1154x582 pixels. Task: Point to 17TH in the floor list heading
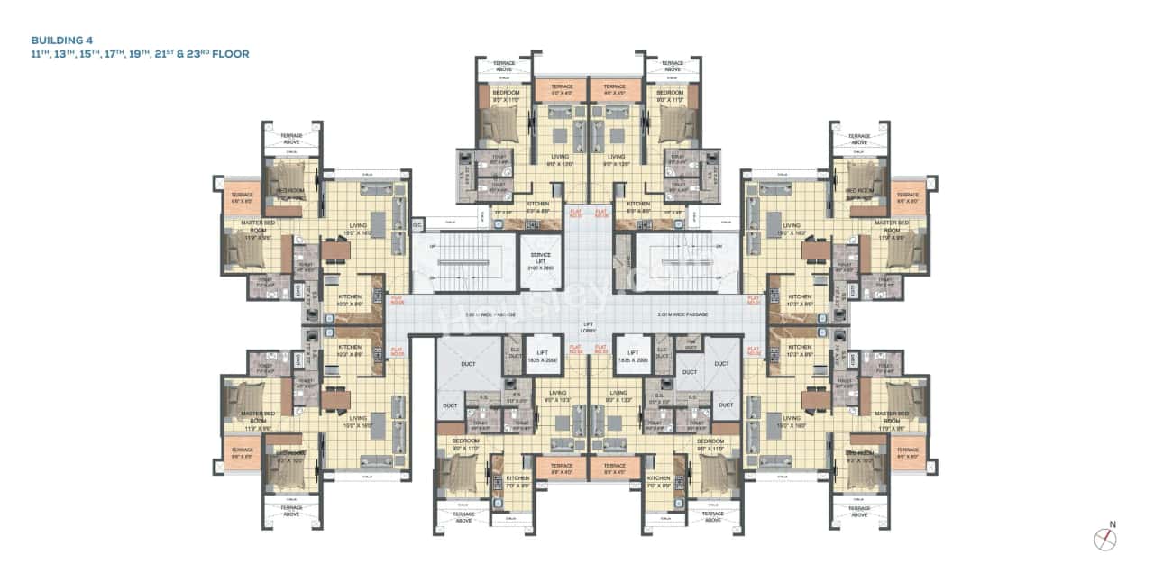[x=126, y=54]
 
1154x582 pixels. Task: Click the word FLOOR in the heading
[x=231, y=54]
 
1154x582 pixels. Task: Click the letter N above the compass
[x=1113, y=524]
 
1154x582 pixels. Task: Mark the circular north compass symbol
[x=1105, y=540]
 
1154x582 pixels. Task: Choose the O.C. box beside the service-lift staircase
[x=417, y=223]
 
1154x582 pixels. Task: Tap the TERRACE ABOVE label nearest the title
[x=291, y=138]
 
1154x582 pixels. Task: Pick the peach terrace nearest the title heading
[x=241, y=197]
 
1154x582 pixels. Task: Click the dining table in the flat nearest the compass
[x=817, y=399]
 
